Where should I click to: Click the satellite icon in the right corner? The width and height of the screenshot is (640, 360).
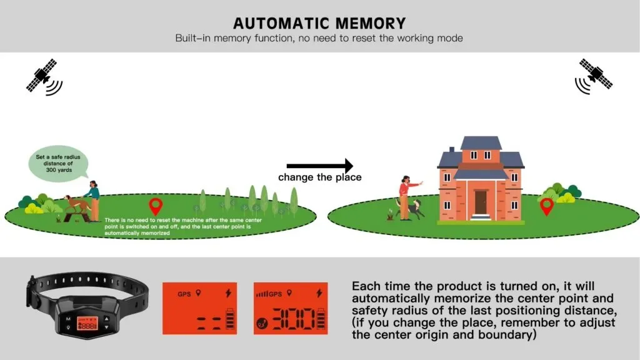(x=594, y=76)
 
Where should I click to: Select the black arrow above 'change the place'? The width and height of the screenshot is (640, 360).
(x=319, y=166)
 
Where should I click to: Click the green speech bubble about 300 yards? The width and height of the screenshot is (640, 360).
(x=58, y=163)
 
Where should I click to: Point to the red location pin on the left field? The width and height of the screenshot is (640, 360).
(x=156, y=206)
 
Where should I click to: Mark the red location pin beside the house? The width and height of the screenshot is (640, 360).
(x=546, y=207)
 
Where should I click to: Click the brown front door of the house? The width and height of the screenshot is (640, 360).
(x=481, y=202)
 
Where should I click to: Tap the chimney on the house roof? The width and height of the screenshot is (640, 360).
(x=451, y=150)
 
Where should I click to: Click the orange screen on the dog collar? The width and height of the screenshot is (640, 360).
(x=87, y=324)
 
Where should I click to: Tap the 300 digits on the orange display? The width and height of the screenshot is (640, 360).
(x=294, y=319)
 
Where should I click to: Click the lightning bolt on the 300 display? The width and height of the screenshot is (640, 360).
(x=319, y=292)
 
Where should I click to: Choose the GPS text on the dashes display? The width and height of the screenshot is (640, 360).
(x=184, y=294)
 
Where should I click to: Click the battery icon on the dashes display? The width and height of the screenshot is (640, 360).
(x=230, y=319)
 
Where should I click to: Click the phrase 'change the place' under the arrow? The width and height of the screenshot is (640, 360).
(x=320, y=177)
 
